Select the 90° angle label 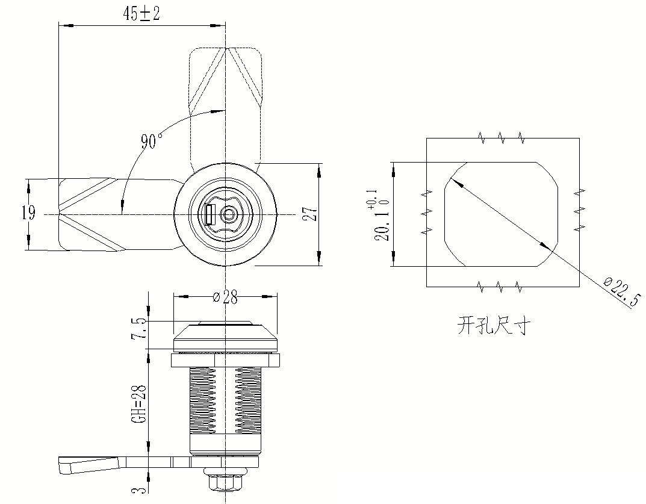coord(152,142)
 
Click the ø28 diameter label coord(225,297)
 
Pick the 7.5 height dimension coord(140,329)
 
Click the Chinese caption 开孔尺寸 coord(494,326)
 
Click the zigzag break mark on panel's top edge coord(502,138)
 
